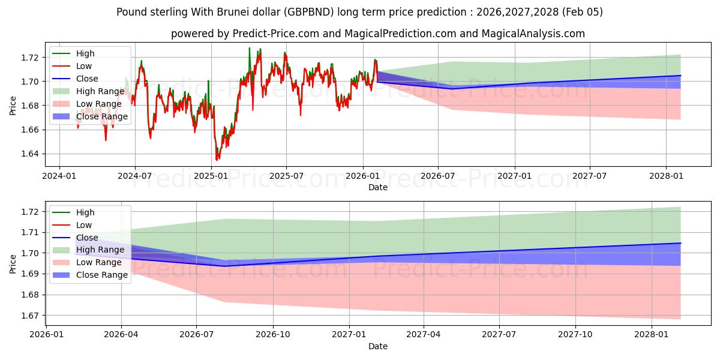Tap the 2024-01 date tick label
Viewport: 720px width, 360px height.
[x=59, y=176]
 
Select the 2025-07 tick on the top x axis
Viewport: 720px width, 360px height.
[x=286, y=176]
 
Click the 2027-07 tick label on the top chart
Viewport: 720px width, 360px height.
[x=589, y=176]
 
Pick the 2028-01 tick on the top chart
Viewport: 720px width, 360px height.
[x=666, y=176]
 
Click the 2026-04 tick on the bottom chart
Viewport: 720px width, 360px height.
[x=121, y=334]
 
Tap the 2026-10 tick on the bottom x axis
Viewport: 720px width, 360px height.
[x=273, y=334]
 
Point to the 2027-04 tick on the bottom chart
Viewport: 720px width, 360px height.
[x=424, y=334]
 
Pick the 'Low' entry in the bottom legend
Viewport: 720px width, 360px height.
[x=84, y=225]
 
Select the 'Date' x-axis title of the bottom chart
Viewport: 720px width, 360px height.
[x=378, y=346]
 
